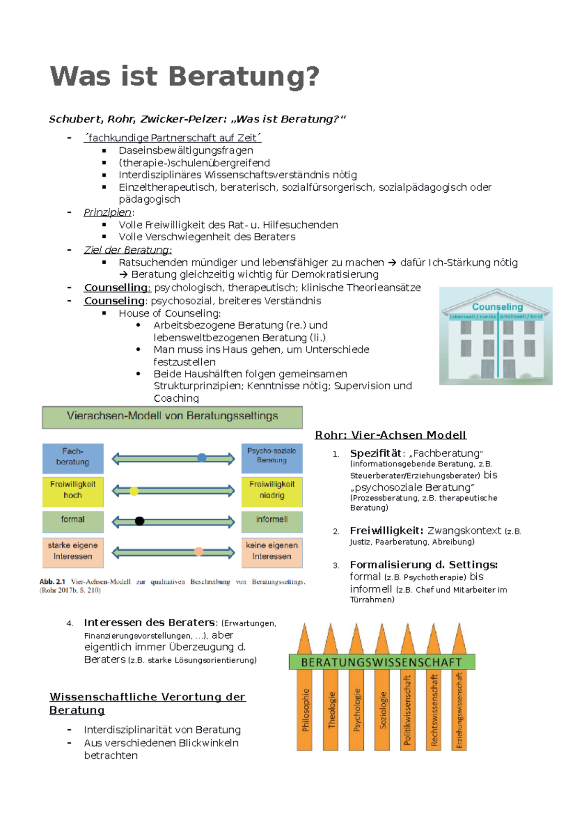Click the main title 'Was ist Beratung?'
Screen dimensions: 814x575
tap(184, 77)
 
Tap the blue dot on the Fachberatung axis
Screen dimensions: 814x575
tap(202, 458)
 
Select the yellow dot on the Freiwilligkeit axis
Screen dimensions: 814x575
tap(134, 491)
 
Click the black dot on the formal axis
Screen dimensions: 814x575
tap(139, 521)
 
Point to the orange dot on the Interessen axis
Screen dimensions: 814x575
tap(199, 552)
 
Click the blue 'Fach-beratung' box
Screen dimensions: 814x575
tap(73, 458)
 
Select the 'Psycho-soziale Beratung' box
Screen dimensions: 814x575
tap(272, 458)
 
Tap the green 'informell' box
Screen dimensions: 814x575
tap(272, 521)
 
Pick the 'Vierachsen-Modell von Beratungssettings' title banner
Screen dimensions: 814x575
tap(172, 417)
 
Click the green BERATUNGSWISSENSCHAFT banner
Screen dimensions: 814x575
tap(382, 662)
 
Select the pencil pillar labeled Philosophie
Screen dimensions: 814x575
tap(305, 709)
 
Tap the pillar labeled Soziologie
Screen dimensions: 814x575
tap(383, 709)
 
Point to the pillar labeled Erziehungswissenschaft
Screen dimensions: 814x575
tap(459, 709)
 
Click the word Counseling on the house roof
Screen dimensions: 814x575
tap(497, 307)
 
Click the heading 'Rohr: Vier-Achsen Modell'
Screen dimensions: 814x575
tap(391, 435)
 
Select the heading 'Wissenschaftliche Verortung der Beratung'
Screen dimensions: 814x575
tap(148, 703)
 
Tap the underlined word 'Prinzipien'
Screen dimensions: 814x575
tap(108, 212)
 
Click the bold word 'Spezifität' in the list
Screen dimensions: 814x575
tap(376, 453)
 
